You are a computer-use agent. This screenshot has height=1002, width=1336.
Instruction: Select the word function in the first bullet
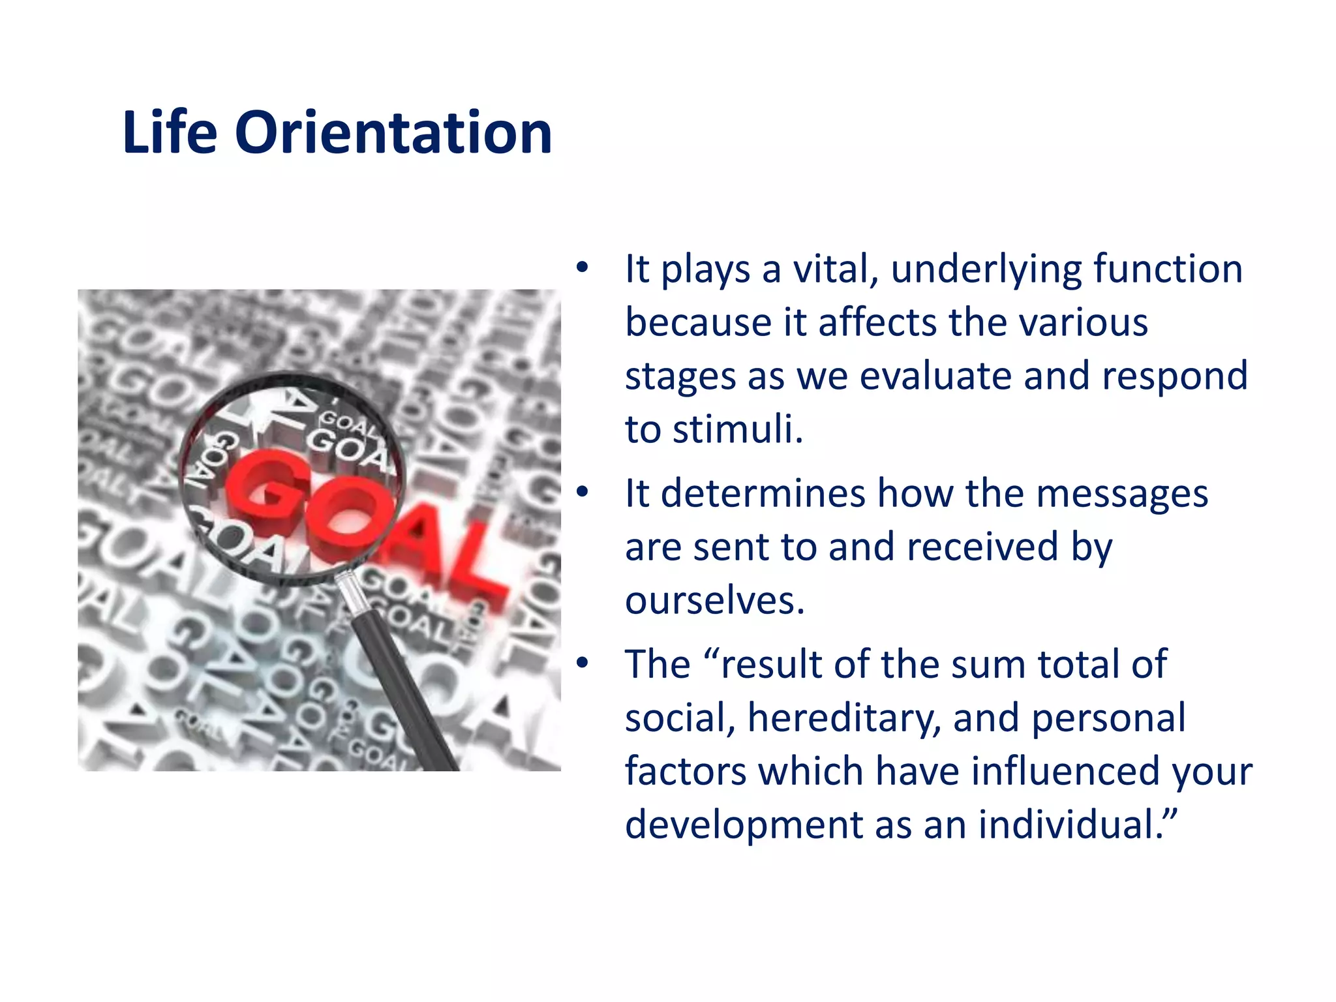(1168, 269)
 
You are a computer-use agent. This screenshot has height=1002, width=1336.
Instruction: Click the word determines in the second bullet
(763, 493)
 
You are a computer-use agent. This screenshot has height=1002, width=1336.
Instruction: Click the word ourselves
(714, 601)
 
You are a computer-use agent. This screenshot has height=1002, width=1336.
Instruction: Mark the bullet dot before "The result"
(582, 663)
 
